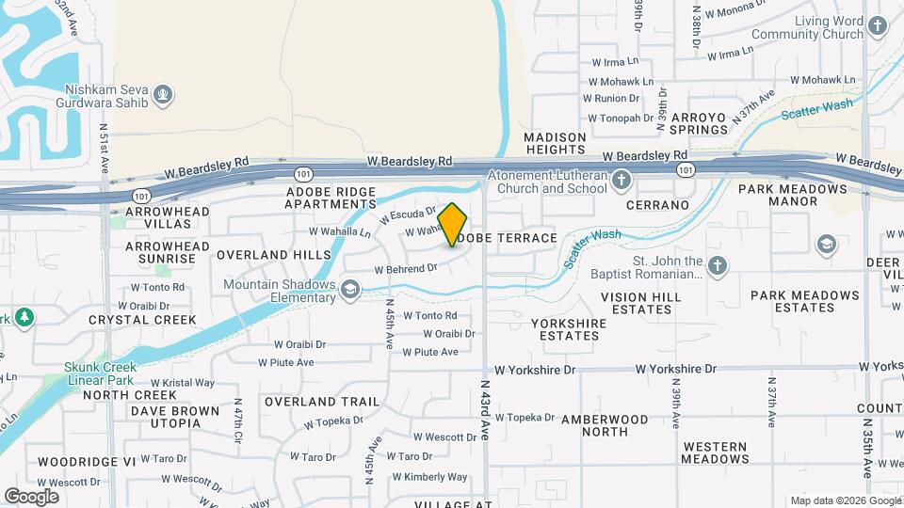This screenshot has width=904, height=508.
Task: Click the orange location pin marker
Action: (x=452, y=225)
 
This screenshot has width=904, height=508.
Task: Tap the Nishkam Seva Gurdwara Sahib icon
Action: (x=164, y=93)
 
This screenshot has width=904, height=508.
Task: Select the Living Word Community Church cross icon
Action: (x=879, y=26)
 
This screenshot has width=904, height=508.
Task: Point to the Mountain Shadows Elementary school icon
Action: (x=350, y=290)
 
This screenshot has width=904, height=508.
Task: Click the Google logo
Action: (x=31, y=496)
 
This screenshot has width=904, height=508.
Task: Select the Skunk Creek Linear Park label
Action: (x=102, y=373)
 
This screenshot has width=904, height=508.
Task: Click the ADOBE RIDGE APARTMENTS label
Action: (x=331, y=198)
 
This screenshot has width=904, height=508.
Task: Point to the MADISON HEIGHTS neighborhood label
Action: (x=556, y=143)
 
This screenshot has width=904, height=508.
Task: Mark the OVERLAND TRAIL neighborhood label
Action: (x=322, y=402)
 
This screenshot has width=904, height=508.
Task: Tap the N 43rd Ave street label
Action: (x=486, y=406)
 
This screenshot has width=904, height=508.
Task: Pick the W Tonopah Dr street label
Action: (x=621, y=119)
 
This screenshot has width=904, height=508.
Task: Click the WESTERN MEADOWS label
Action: (x=716, y=452)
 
